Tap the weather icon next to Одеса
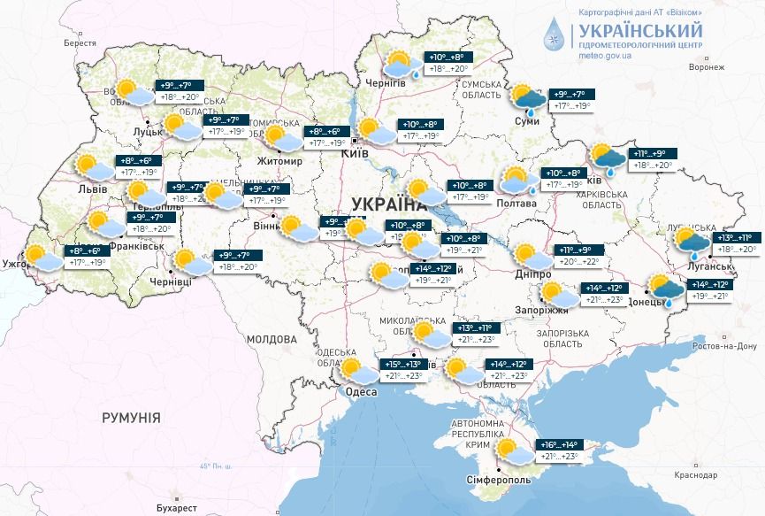click(x=355, y=370)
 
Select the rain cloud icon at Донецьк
click(x=665, y=290)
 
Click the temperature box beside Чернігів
click(x=448, y=63)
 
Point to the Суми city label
click(x=526, y=120)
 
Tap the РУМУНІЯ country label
click(x=131, y=417)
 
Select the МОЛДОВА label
click(x=272, y=339)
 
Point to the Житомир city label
click(x=279, y=162)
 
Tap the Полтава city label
click(x=516, y=203)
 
